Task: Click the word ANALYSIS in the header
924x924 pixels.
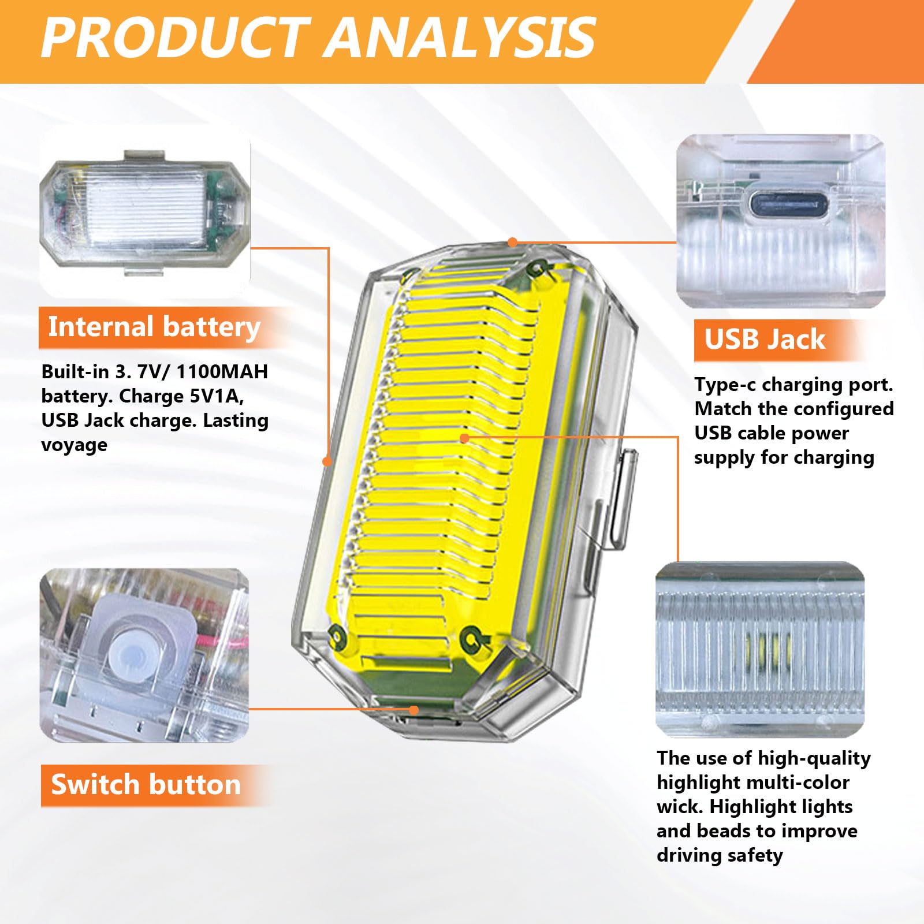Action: [x=462, y=38]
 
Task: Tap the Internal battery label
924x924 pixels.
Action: [x=154, y=327]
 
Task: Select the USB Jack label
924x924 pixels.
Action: [x=764, y=340]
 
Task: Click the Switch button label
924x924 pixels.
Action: [x=146, y=785]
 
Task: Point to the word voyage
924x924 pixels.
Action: [x=74, y=445]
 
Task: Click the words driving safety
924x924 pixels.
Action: [x=720, y=855]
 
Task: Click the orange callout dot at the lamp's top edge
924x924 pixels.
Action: [x=512, y=243]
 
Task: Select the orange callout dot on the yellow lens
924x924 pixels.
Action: [x=464, y=438]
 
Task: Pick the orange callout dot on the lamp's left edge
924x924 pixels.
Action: [x=327, y=461]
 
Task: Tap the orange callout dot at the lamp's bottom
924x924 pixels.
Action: [x=413, y=710]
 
